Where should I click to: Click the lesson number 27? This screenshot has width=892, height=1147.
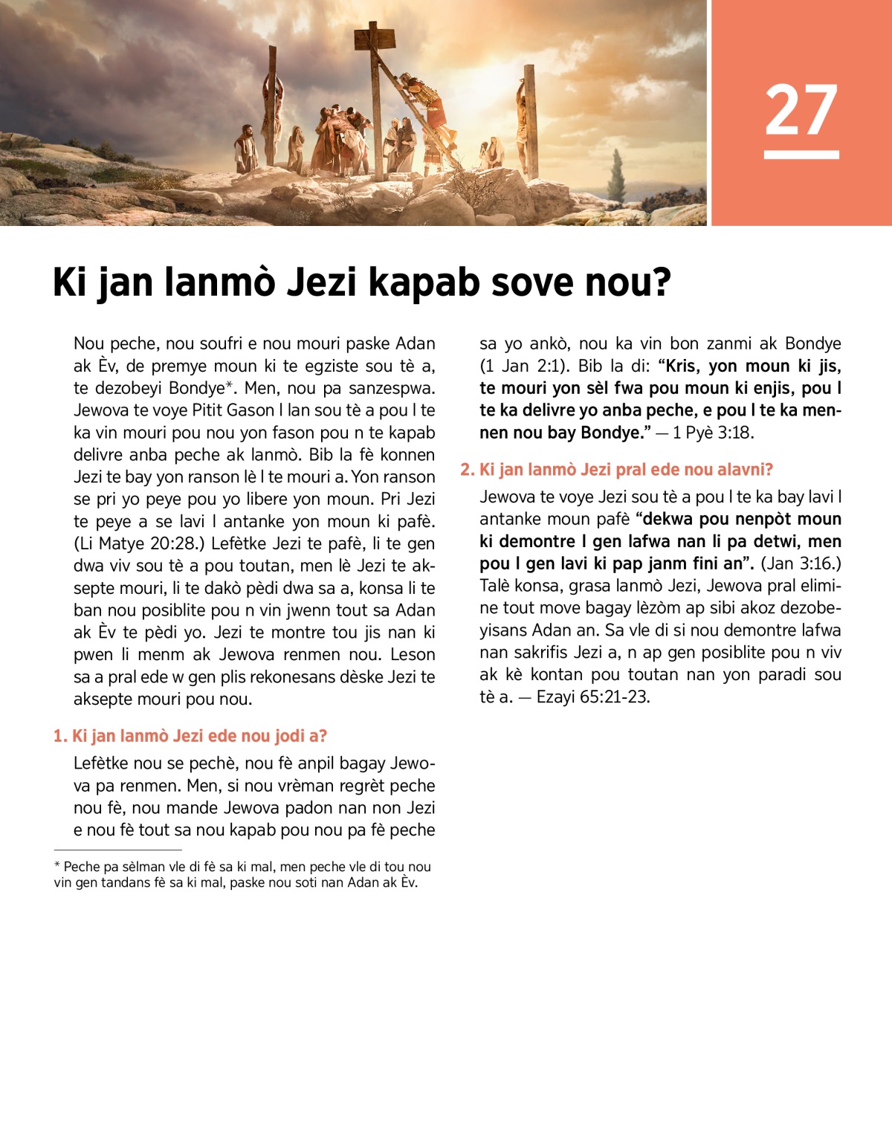click(801, 110)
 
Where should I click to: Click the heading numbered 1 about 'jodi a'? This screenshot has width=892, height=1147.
click(190, 736)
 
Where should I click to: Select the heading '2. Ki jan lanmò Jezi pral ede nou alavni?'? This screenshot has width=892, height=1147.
click(616, 470)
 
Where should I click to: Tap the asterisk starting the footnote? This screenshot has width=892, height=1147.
click(57, 866)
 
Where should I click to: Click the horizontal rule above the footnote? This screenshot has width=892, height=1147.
click(117, 849)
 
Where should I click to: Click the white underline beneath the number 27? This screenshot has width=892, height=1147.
click(801, 155)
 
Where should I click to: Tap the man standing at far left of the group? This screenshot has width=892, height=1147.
click(245, 149)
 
